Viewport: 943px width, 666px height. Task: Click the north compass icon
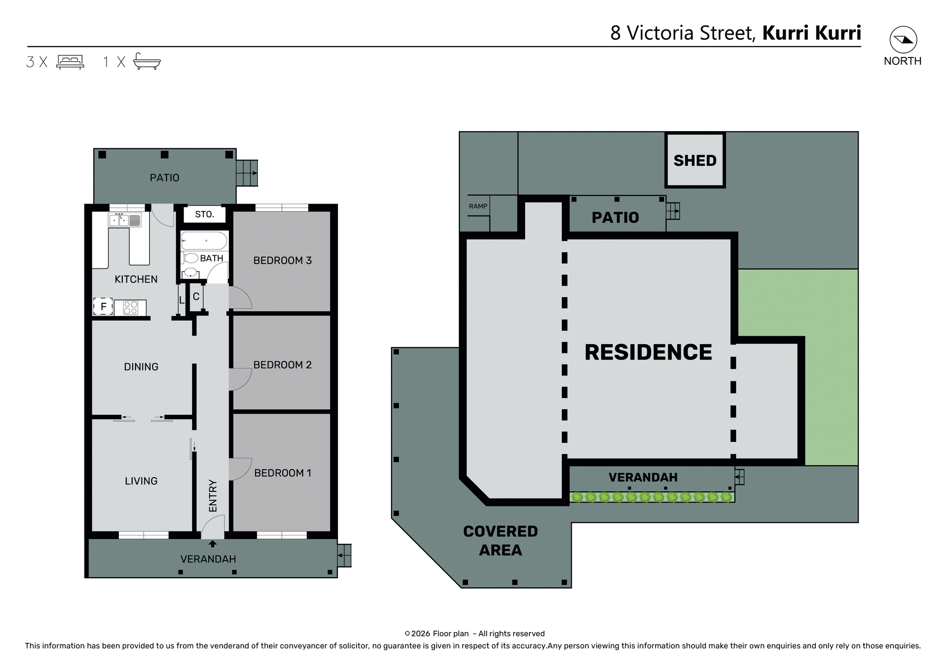[903, 40]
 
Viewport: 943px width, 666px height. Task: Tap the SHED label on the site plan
[694, 160]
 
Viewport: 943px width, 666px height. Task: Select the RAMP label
[477, 206]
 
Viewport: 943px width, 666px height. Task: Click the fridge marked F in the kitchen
[103, 307]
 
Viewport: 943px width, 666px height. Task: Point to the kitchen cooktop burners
[131, 308]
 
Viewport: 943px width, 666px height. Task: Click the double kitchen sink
[124, 220]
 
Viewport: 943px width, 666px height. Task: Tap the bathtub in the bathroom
[204, 241]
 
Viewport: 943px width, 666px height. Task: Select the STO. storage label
[204, 214]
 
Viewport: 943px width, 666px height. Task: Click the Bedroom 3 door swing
[240, 297]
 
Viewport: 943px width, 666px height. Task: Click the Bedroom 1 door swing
[240, 469]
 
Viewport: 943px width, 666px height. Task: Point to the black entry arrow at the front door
[213, 544]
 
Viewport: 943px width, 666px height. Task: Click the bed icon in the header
[70, 62]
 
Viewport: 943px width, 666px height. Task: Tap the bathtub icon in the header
[147, 61]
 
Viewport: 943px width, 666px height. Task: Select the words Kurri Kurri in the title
[811, 33]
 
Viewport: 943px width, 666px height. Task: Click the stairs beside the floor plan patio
[247, 173]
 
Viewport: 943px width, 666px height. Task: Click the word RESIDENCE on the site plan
[648, 352]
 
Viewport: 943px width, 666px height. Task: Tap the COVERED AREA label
[500, 540]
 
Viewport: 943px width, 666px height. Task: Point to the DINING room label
[141, 367]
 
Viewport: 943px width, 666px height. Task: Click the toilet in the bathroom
[191, 258]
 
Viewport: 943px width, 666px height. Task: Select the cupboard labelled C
[196, 296]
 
